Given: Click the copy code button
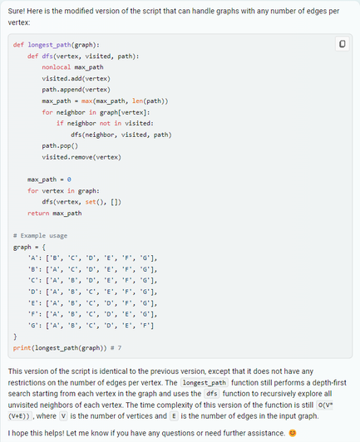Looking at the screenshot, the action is coord(343,44).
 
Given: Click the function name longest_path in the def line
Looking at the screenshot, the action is coord(49,45).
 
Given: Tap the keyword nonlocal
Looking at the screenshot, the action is coord(57,67).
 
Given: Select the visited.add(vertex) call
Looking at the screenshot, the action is coord(76,78).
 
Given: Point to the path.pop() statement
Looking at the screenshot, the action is coord(60,145).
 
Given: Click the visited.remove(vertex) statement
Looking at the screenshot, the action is coord(81,157).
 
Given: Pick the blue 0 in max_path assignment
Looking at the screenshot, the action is coord(69,179).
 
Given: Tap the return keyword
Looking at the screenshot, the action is coord(38,213).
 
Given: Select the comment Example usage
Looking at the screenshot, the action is coord(40,236).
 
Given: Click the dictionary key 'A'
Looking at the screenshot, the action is coord(32,258).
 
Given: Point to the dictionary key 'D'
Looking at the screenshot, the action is coord(32,292).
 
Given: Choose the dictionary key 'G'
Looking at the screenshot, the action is coord(32,326).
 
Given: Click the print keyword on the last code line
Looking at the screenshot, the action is coord(22,348).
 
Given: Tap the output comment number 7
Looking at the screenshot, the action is coord(120,348).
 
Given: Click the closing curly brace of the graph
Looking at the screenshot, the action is coord(15,336).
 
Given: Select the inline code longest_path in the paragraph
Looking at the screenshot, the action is coord(205,382).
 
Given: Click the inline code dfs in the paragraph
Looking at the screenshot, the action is coord(212,394).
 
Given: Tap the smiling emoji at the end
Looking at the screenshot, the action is coord(293,433).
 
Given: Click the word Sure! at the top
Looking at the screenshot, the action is coord(17,11).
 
